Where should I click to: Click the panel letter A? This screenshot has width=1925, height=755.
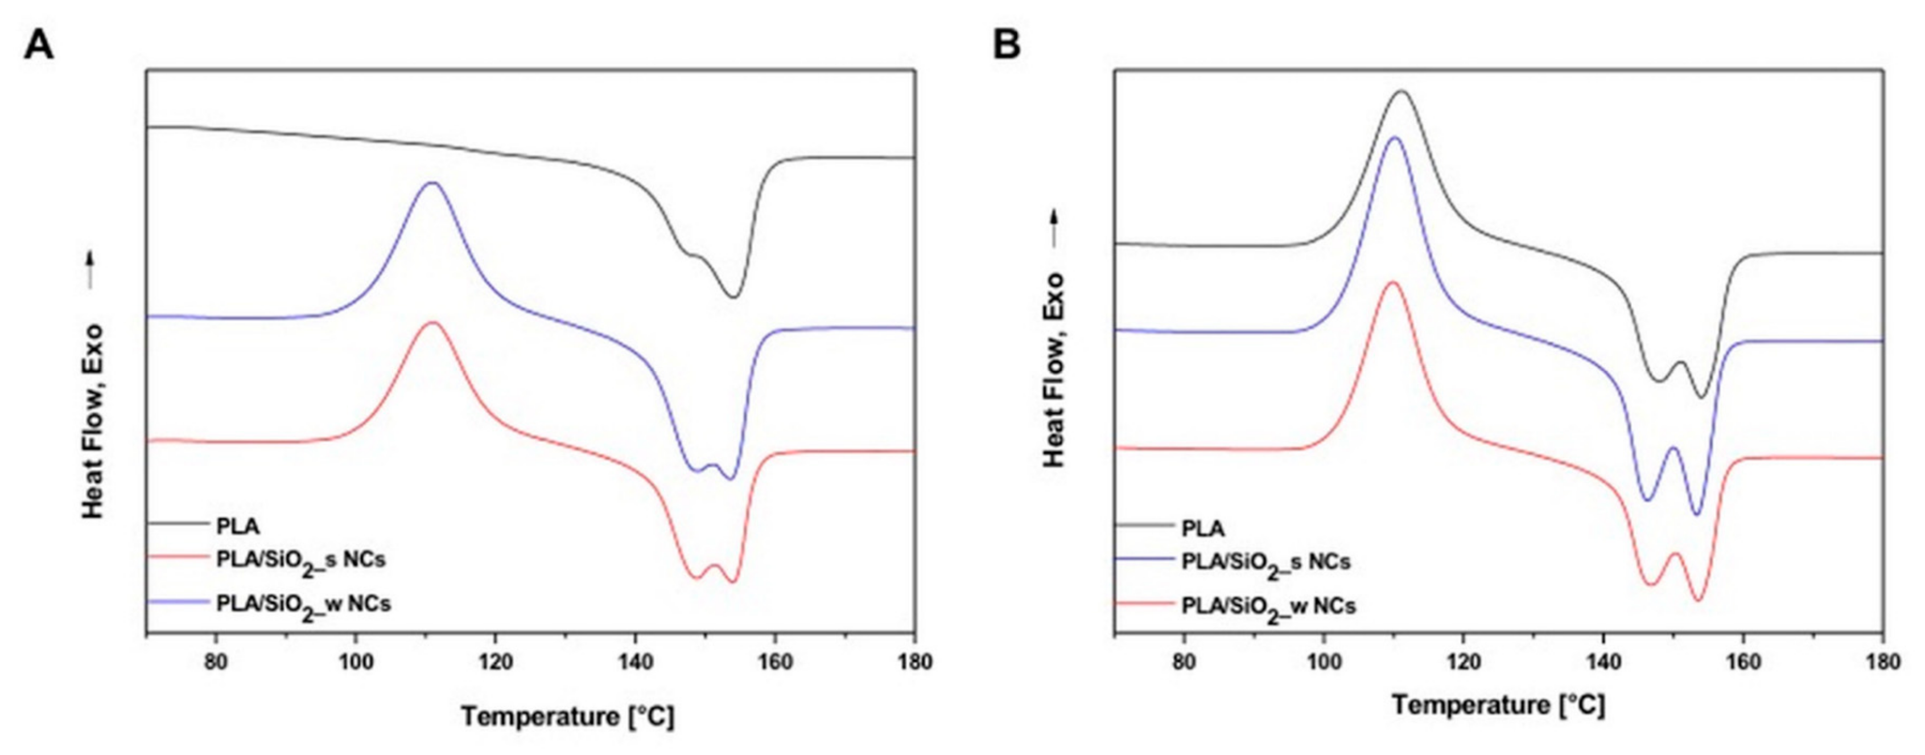[x=39, y=46]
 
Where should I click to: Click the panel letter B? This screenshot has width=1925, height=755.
[x=1007, y=46]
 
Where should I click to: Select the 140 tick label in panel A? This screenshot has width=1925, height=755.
[x=634, y=663]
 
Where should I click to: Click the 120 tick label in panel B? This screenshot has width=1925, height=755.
[x=1463, y=663]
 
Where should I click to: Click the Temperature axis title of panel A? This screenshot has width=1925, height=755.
[x=567, y=717]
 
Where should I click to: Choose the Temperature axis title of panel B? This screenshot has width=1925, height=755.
[x=1498, y=705]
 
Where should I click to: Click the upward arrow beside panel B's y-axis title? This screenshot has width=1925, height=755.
[x=1054, y=228]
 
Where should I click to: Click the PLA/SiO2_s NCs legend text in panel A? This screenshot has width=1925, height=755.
[x=300, y=561]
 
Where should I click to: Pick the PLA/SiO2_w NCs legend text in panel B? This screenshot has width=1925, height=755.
[x=1268, y=607]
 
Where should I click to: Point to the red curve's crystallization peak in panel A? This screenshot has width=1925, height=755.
[x=432, y=322]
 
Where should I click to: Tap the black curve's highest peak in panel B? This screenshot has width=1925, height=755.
[x=1401, y=112]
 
